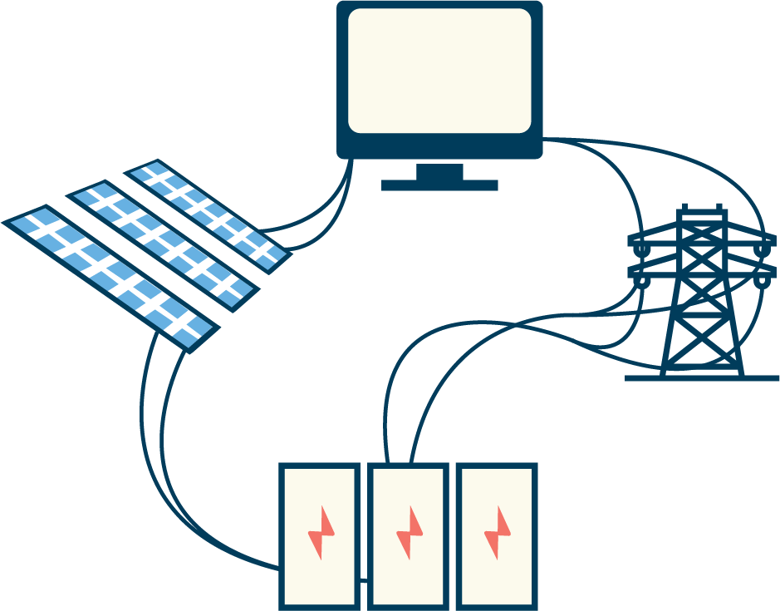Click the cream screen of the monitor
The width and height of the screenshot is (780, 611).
click(x=439, y=71)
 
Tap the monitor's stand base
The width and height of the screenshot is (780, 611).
click(x=439, y=185)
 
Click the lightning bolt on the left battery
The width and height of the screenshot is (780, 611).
click(x=320, y=533)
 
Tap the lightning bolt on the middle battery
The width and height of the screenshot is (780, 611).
click(x=409, y=533)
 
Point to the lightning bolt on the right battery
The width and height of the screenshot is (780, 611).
click(x=498, y=533)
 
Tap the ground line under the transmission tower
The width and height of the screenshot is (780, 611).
click(x=702, y=378)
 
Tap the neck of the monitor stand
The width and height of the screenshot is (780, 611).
click(x=439, y=170)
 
